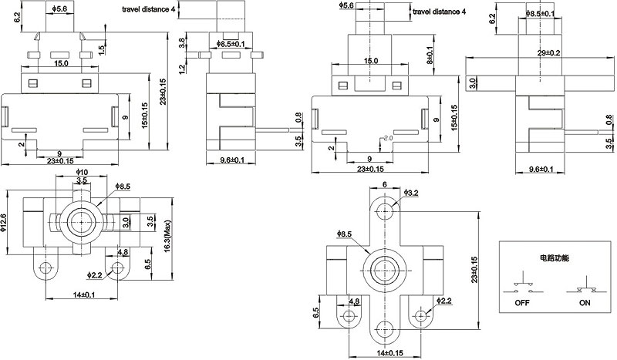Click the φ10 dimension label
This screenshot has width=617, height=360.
click(x=82, y=171)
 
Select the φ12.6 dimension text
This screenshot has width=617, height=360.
click(x=4, y=224)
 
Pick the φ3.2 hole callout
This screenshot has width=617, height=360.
click(x=411, y=192)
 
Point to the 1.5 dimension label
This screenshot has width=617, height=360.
click(x=102, y=50)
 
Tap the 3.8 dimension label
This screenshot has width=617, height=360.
click(x=181, y=45)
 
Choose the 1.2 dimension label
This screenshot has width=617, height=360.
click(x=181, y=69)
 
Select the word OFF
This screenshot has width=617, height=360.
click(x=523, y=303)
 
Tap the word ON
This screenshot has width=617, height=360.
click(x=585, y=303)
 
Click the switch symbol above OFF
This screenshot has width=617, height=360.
click(x=523, y=285)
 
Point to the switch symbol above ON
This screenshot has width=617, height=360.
click(x=585, y=285)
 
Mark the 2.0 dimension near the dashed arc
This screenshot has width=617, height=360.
click(x=387, y=138)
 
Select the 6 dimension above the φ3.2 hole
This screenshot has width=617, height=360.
click(x=384, y=185)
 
